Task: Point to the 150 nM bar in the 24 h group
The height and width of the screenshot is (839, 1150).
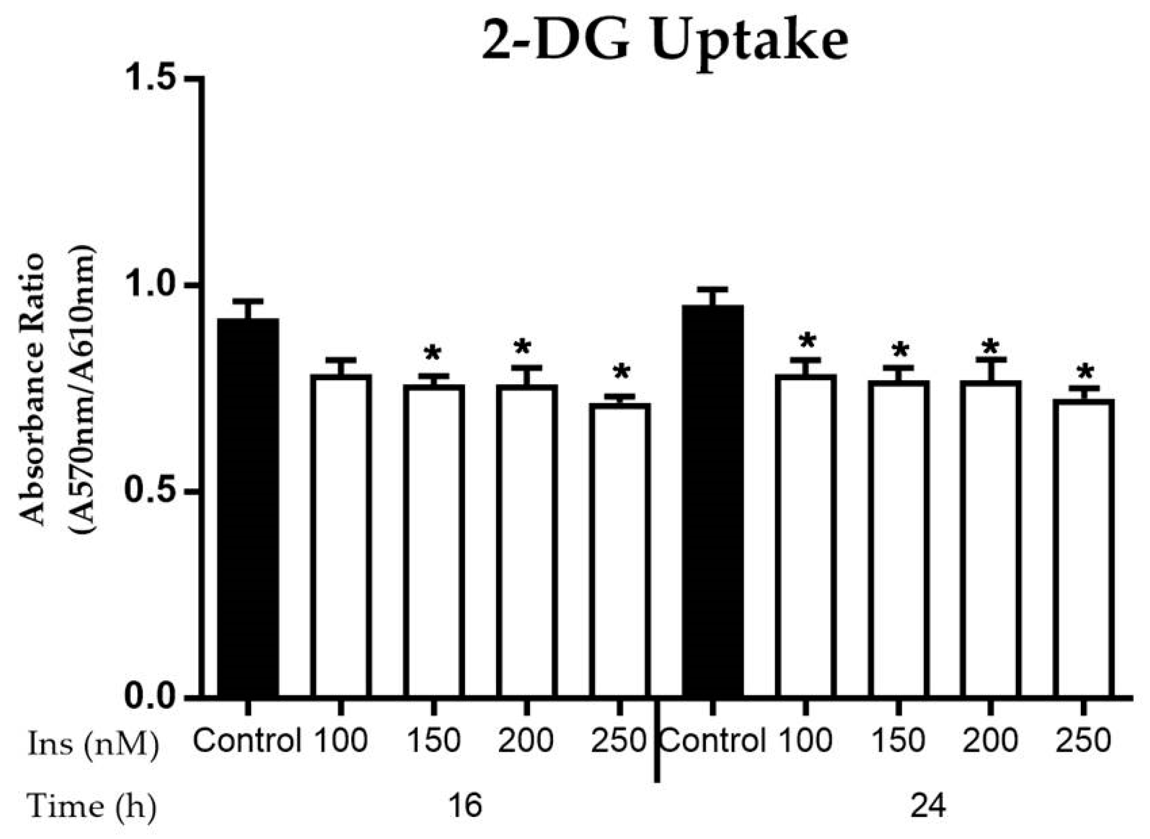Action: [898, 538]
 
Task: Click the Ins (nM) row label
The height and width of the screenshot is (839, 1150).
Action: [93, 745]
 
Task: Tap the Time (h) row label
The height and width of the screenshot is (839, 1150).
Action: [91, 806]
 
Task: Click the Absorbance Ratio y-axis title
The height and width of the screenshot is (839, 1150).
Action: [32, 389]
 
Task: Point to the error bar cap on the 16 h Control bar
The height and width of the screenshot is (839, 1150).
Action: [247, 301]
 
